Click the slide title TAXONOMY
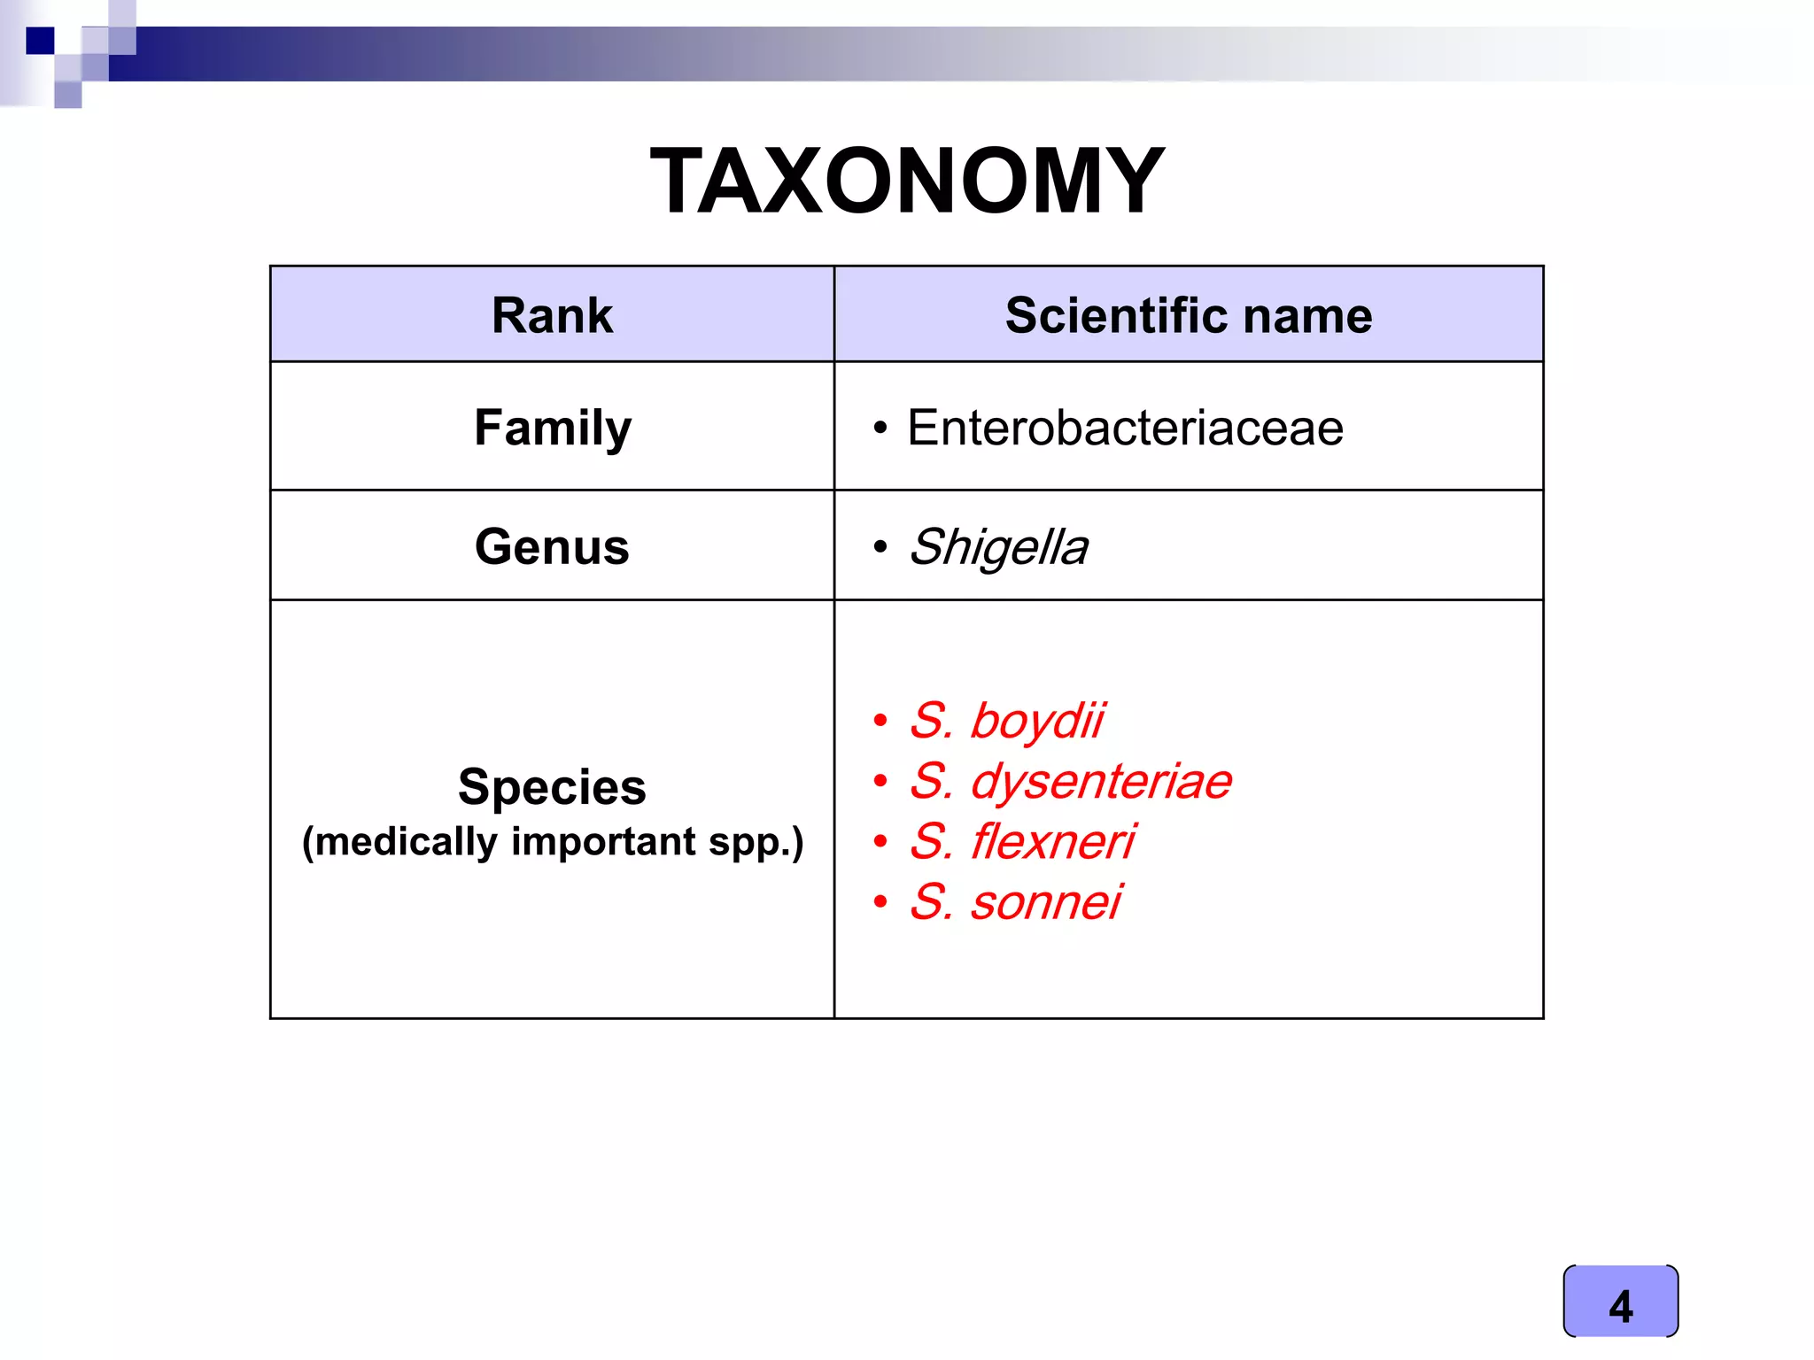907,182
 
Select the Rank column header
552,315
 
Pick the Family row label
553,429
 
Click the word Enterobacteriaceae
1125,429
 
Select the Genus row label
552,546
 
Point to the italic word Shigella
998,547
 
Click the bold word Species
552,786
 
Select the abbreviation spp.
755,842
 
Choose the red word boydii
1037,721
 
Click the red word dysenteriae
1101,781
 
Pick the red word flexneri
1053,841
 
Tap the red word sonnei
1046,902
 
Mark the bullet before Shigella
880,547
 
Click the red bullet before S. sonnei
880,902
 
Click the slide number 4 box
1620,1301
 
